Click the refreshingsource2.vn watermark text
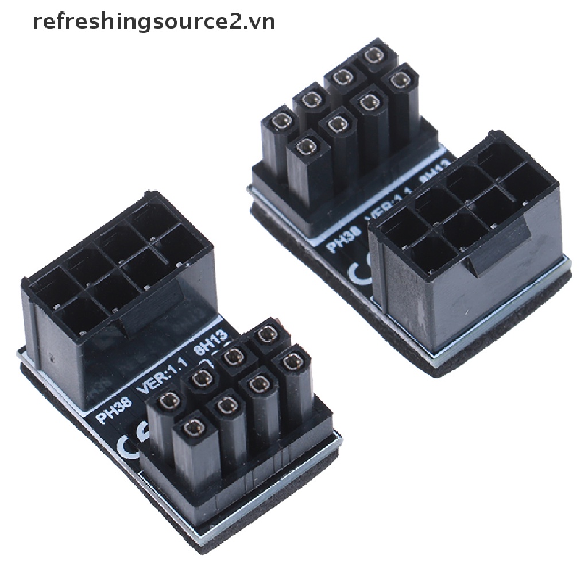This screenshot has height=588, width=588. (x=153, y=21)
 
